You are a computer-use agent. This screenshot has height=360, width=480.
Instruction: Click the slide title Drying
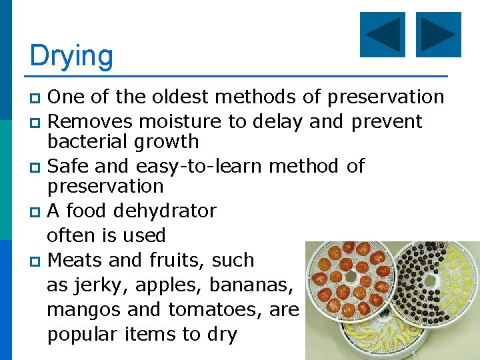click(x=71, y=56)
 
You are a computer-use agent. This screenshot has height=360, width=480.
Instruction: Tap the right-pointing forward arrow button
click(x=438, y=35)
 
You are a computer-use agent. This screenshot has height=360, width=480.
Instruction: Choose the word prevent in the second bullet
click(x=386, y=121)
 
